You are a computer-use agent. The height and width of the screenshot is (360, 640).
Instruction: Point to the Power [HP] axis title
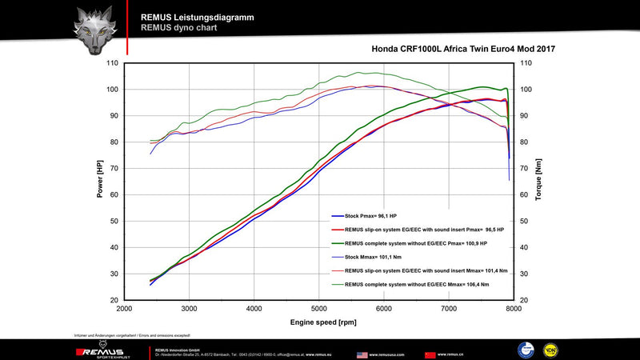pyautogui.click(x=100, y=179)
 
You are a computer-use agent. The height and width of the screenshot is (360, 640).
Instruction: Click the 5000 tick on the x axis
pyautogui.click(x=318, y=308)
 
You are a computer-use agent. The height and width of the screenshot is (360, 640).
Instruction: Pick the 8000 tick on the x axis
pyautogui.click(x=513, y=308)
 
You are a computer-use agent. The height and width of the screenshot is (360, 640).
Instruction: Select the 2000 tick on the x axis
pyautogui.click(x=125, y=308)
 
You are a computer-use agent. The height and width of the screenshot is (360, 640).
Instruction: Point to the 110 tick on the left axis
pyautogui.click(x=112, y=63)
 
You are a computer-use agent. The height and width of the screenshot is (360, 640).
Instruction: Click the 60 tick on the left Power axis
pyautogui.click(x=114, y=195)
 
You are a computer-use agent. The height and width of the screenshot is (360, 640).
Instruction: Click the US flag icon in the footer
pyautogui.click(x=362, y=353)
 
